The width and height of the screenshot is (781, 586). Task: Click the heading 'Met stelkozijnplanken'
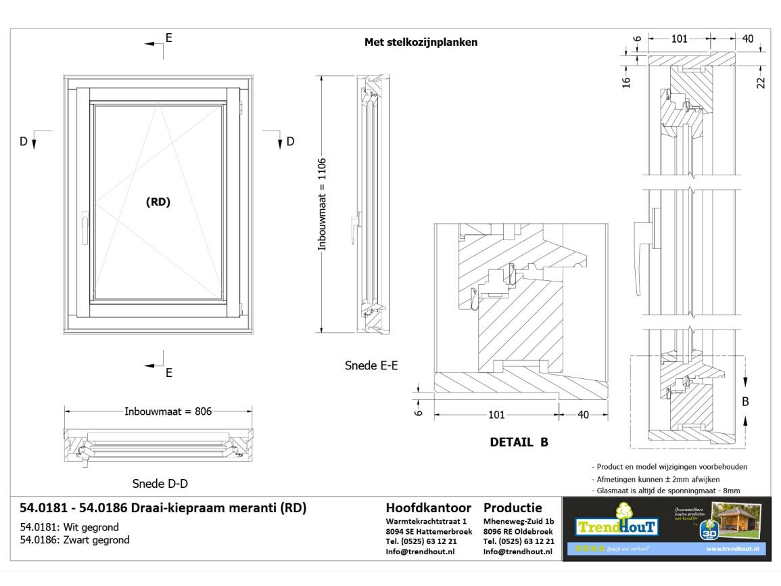(421, 42)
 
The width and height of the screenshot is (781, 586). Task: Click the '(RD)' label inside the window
(158, 202)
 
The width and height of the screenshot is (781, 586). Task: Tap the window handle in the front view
(85, 227)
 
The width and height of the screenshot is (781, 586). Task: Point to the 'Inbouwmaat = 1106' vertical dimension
(323, 204)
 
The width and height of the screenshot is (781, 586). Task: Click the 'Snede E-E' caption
(371, 366)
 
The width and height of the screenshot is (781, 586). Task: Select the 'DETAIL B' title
(519, 443)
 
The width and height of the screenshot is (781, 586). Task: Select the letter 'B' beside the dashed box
(745, 401)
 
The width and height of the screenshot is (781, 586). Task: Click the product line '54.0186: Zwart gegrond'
(74, 540)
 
